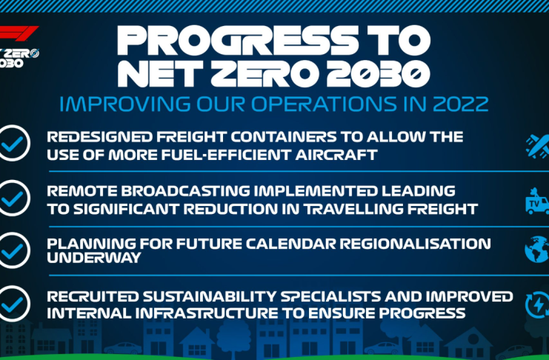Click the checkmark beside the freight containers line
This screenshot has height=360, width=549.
(x=13, y=143)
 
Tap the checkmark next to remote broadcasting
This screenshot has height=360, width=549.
(x=13, y=199)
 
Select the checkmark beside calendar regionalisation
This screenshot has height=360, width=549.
(x=13, y=250)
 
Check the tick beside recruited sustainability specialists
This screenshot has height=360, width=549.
(x=13, y=304)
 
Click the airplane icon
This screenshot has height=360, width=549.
(x=538, y=147)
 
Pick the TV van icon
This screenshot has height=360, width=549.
(x=537, y=201)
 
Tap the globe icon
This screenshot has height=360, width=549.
(x=537, y=250)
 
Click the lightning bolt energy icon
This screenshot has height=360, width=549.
(x=538, y=304)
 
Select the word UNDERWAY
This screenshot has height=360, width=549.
(x=94, y=258)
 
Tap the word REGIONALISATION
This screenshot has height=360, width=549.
(x=415, y=244)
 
